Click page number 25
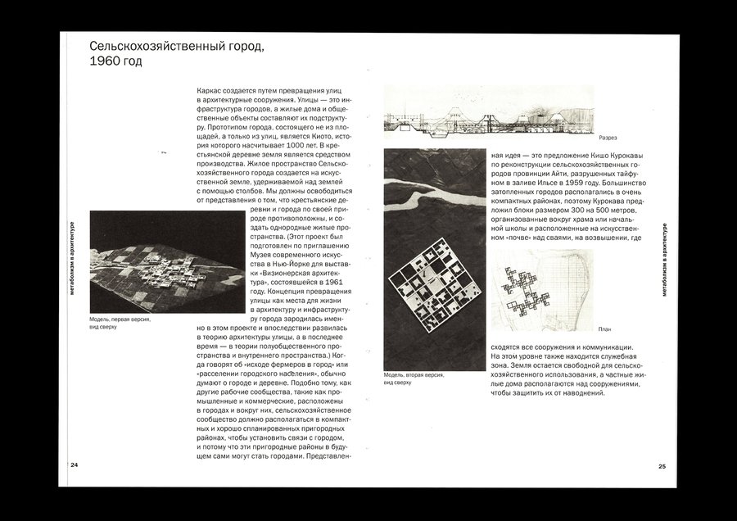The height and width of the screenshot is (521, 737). (662, 466)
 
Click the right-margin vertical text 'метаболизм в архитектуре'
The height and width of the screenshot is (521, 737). (664, 261)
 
